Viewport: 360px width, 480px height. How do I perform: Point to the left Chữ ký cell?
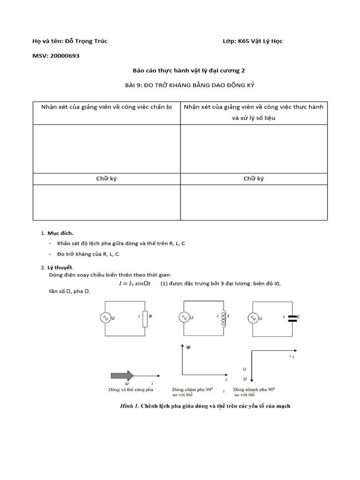coord(106,179)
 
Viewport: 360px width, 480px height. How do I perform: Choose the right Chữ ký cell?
coord(254,179)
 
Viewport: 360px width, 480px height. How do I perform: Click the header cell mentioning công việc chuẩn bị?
coord(106,107)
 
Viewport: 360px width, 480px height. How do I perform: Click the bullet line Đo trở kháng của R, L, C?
coord(89,254)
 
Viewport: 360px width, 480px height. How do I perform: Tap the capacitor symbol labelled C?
coord(292,318)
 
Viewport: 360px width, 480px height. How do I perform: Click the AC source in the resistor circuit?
coord(105,318)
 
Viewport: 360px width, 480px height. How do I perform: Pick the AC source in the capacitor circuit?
coord(253,318)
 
